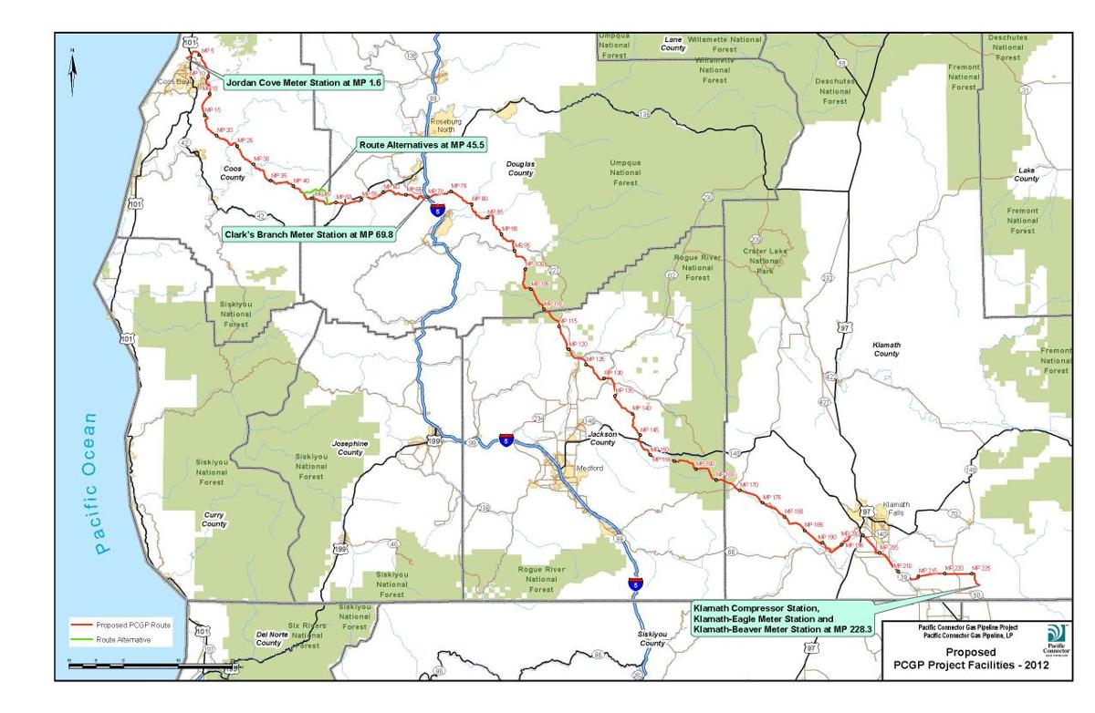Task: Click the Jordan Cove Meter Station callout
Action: (x=291, y=82)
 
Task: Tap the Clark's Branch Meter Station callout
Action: (x=308, y=234)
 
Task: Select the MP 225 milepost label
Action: (x=981, y=567)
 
